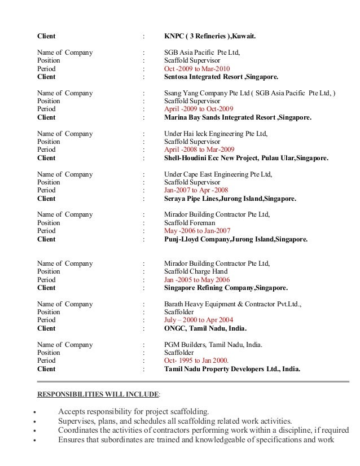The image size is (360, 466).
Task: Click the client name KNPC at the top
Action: click(x=209, y=37)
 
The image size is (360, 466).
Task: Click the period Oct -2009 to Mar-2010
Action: click(x=197, y=68)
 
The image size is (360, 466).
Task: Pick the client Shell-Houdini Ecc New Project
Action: click(x=245, y=159)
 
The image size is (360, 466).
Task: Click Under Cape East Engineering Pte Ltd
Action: click(x=217, y=175)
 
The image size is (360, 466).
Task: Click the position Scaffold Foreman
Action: click(x=191, y=223)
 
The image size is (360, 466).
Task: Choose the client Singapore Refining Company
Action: click(x=225, y=288)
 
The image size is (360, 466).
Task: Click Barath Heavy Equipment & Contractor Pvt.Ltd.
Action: click(x=232, y=304)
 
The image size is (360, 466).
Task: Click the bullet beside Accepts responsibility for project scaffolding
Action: click(x=36, y=412)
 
